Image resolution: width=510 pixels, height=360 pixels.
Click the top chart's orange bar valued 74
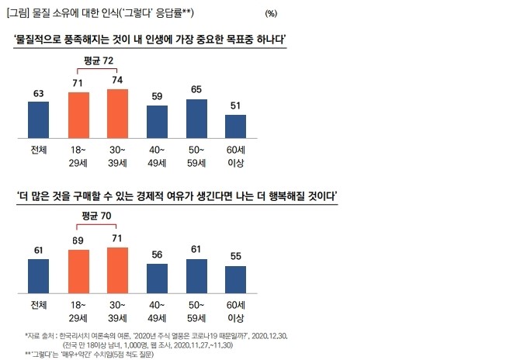[x=117, y=112]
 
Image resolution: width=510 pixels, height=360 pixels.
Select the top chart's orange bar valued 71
[x=78, y=114]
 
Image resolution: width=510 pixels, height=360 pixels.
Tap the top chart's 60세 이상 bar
[x=235, y=125]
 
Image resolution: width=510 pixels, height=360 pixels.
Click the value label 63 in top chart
[x=38, y=94]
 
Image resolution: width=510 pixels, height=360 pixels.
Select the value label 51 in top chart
[x=235, y=106]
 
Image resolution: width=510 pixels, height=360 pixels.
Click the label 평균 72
[x=98, y=60]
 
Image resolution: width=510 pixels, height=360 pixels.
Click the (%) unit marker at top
[x=270, y=13]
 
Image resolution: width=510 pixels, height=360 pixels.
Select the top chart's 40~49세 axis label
[x=157, y=157]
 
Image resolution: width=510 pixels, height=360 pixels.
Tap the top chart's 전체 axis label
[x=38, y=150]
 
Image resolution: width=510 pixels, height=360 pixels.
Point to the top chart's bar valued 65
[x=197, y=118]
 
